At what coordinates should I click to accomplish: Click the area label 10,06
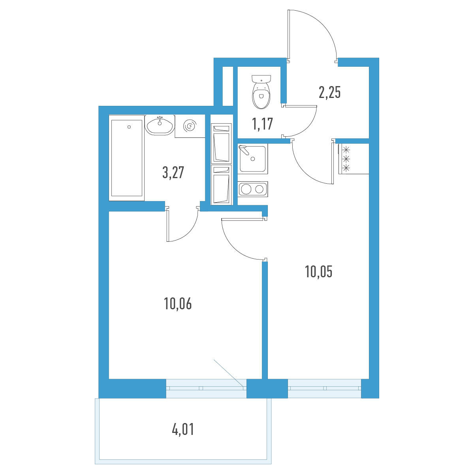pos(178,304)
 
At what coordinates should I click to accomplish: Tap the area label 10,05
pos(318,272)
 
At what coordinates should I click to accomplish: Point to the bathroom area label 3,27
pos(173,173)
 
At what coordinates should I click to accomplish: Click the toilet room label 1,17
pos(262,124)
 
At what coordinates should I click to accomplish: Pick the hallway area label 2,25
pos(329,92)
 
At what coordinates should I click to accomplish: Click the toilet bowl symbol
pos(261,92)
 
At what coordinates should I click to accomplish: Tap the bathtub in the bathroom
pos(127,158)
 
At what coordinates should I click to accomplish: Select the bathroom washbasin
pos(160,125)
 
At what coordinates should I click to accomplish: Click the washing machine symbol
pos(190,126)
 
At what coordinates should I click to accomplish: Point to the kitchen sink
pos(253,159)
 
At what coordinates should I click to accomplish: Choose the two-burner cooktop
pos(253,189)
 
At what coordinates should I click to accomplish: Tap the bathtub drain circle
pos(129,127)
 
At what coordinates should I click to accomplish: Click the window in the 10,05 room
pos(324,388)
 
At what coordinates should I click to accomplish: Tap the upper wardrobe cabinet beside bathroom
pos(221,143)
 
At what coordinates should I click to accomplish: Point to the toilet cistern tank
pos(261,79)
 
